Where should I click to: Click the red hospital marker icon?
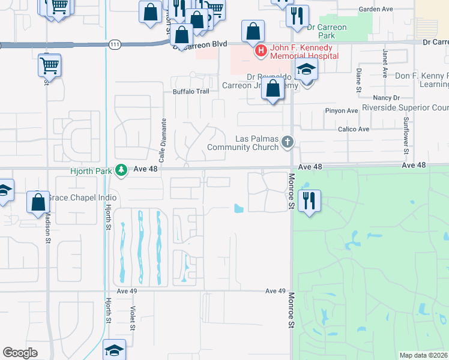coord(261,52)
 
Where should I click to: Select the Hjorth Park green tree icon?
coord(121,171)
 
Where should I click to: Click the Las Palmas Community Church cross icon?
coord(288,142)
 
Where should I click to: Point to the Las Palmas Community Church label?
coord(245,142)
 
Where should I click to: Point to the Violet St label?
coord(133,318)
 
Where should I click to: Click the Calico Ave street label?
coord(355,129)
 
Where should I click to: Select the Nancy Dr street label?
coord(386,97)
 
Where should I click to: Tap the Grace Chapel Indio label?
coord(74,198)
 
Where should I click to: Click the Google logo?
coord(20,353)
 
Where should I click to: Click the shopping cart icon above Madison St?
coord(49,65)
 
